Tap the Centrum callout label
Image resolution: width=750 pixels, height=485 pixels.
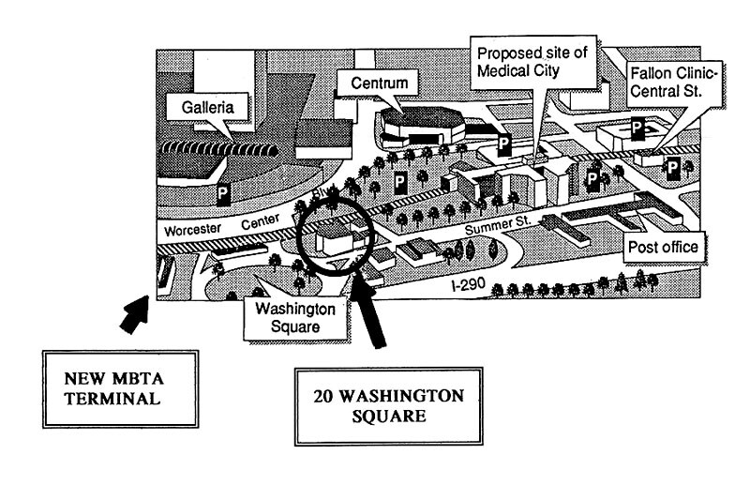tap(379, 84)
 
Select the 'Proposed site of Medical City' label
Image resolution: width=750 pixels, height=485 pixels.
tap(532, 62)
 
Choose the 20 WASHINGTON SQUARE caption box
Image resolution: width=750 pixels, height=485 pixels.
tap(389, 404)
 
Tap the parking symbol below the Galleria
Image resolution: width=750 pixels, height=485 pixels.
tap(224, 194)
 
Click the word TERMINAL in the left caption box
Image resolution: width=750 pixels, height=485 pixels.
tap(105, 399)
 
